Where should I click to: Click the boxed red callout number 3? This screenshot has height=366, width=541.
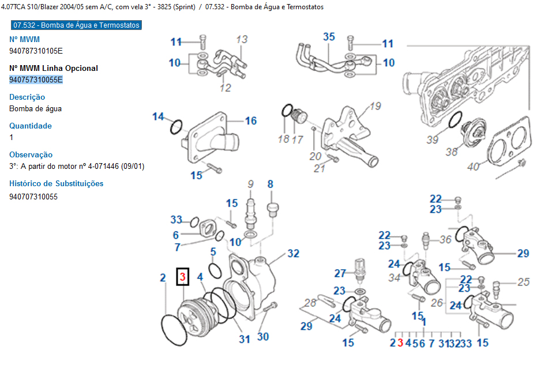[182, 278]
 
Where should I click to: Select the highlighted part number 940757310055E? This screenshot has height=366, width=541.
[36, 80]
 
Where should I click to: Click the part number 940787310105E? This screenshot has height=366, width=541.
[36, 51]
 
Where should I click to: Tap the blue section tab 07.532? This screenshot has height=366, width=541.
[76, 25]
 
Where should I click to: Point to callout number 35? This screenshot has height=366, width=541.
[329, 37]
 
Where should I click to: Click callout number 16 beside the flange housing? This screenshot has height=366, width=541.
[250, 120]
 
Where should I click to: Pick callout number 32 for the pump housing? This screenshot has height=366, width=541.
[294, 253]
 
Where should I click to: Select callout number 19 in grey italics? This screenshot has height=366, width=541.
[375, 106]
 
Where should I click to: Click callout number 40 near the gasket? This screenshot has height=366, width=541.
[473, 167]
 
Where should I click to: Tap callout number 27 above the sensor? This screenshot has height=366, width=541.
[340, 273]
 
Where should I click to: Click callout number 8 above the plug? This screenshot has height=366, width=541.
[270, 184]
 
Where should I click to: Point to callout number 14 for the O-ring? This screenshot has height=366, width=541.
[158, 117]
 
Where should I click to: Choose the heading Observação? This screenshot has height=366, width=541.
[31, 154]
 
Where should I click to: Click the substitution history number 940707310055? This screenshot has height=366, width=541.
[33, 197]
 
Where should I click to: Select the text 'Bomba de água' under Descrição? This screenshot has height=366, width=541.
[36, 108]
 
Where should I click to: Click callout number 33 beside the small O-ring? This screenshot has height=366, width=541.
[176, 220]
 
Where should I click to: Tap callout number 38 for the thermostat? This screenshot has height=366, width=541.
[451, 152]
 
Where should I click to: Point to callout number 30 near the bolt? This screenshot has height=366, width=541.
[263, 337]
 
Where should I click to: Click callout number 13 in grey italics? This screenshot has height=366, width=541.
[242, 39]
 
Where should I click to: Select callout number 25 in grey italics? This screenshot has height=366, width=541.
[523, 282]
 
